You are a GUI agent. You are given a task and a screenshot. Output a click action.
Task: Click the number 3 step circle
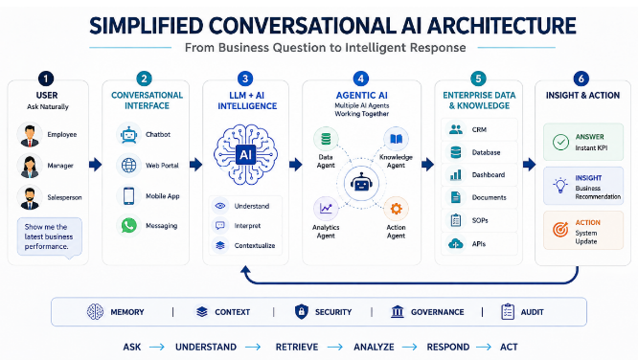pyautogui.click(x=245, y=79)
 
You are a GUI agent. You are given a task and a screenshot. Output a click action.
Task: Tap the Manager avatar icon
pyautogui.click(x=30, y=166)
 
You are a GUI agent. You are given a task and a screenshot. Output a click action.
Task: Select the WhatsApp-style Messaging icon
pyautogui.click(x=129, y=225)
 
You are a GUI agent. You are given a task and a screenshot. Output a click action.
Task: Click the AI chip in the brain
pyautogui.click(x=246, y=154)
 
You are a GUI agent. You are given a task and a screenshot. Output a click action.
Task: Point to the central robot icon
pyautogui.click(x=361, y=184)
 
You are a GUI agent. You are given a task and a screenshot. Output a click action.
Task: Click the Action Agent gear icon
pyautogui.click(x=396, y=209)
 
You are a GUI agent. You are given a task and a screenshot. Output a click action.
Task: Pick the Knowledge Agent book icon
pyautogui.click(x=396, y=139)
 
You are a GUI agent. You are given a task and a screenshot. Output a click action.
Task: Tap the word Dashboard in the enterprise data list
pyautogui.click(x=489, y=175)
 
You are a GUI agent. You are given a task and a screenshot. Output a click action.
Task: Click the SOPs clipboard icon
pyautogui.click(x=456, y=220)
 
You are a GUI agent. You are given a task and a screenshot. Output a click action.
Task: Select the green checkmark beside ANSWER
pyautogui.click(x=560, y=143)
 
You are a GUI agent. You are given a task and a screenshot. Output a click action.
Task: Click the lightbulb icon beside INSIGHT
pyautogui.click(x=560, y=185)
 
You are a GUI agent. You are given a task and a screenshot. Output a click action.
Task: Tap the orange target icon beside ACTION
pyautogui.click(x=560, y=230)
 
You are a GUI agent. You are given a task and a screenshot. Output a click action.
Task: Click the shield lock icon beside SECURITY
pyautogui.click(x=301, y=311)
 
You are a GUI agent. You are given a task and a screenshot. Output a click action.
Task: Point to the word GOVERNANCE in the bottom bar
pyautogui.click(x=438, y=312)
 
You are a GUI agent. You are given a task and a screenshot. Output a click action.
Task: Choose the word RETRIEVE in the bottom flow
pyautogui.click(x=297, y=347)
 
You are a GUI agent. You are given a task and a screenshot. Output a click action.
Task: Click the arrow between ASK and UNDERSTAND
pyautogui.click(x=157, y=347)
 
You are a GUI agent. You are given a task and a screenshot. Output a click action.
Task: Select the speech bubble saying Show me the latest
pyautogui.click(x=49, y=237)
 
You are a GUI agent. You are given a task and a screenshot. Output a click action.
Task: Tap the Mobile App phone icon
pyautogui.click(x=129, y=196)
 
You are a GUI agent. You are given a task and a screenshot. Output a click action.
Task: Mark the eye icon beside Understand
pyautogui.click(x=220, y=206)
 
